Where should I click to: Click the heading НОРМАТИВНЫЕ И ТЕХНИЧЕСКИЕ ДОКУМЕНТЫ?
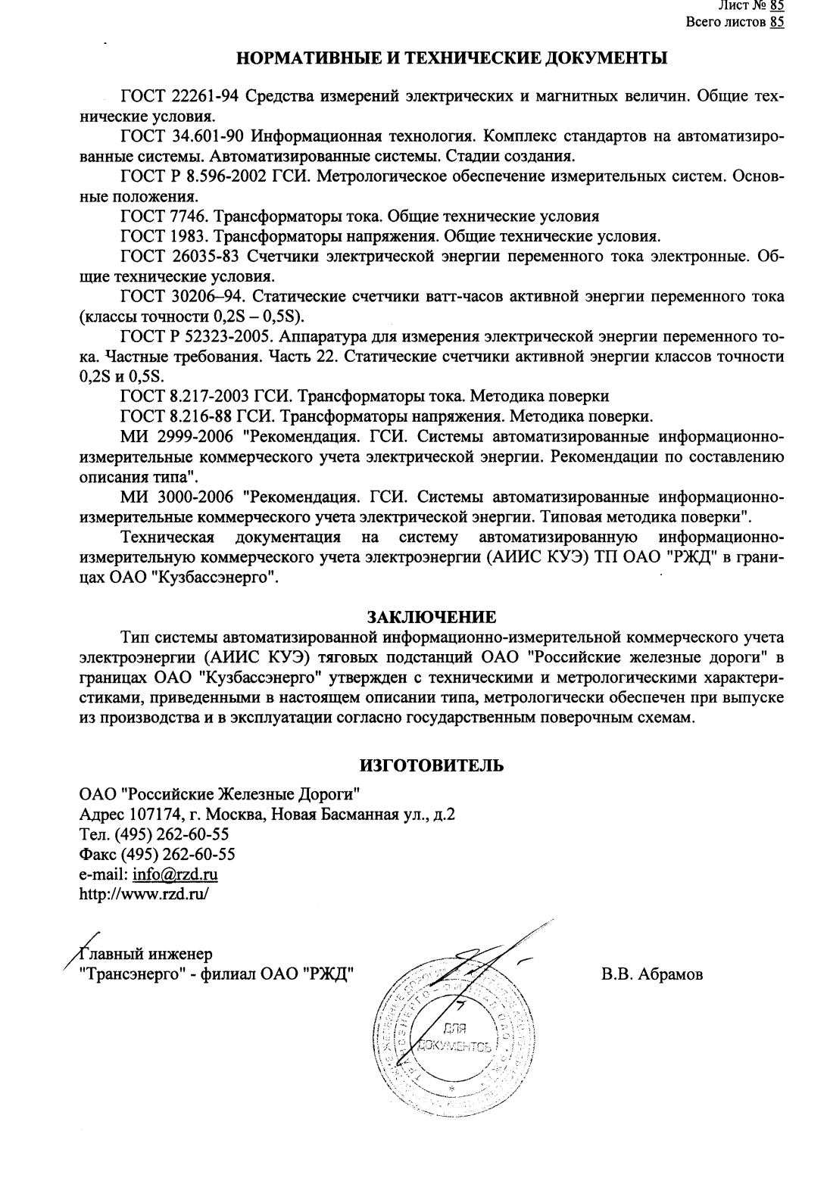(x=452, y=58)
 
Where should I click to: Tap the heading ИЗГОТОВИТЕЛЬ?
(x=432, y=765)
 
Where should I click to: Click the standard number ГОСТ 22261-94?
(x=180, y=97)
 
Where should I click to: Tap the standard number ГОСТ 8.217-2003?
(x=187, y=396)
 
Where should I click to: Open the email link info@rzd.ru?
(x=175, y=874)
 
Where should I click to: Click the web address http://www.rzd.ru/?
(x=144, y=893)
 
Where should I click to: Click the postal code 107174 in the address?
(x=145, y=815)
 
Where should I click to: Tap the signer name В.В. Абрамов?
(x=652, y=974)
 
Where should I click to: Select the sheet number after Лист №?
(x=776, y=6)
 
